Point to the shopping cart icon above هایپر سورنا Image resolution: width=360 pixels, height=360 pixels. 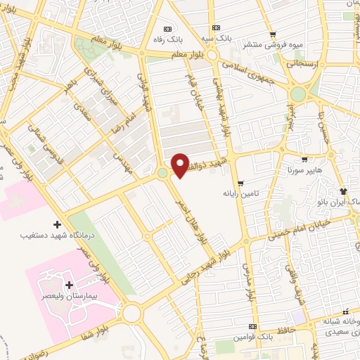(x=304, y=160)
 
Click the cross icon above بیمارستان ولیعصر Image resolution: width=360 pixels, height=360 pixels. (x=69, y=285)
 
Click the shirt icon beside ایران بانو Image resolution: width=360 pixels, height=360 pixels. (x=342, y=191)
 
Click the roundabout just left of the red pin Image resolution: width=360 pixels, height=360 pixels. (x=163, y=172)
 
